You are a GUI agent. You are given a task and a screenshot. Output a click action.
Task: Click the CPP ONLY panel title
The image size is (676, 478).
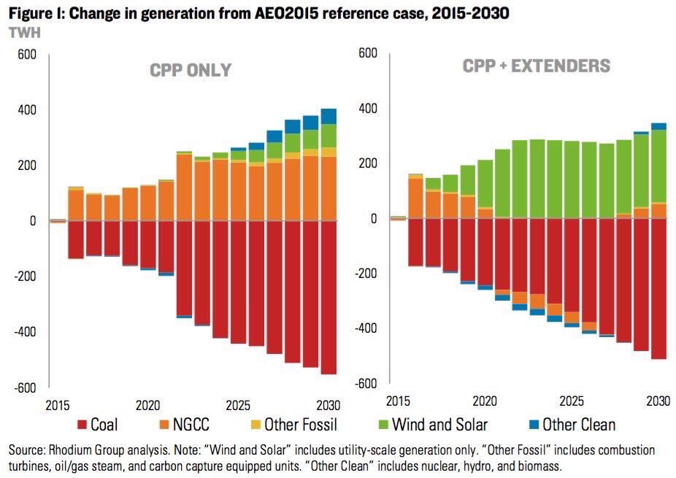point(191,71)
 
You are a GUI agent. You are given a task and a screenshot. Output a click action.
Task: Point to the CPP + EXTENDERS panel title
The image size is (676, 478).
point(537,66)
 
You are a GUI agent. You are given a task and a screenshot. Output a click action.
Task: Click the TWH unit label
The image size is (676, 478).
point(23,32)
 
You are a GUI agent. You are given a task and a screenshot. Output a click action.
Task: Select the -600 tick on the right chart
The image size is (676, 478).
point(367,384)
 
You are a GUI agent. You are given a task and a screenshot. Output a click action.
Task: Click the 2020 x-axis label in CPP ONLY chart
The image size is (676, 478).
point(147,404)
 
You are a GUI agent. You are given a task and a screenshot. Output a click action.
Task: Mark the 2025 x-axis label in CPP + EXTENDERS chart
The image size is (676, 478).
point(571,401)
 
